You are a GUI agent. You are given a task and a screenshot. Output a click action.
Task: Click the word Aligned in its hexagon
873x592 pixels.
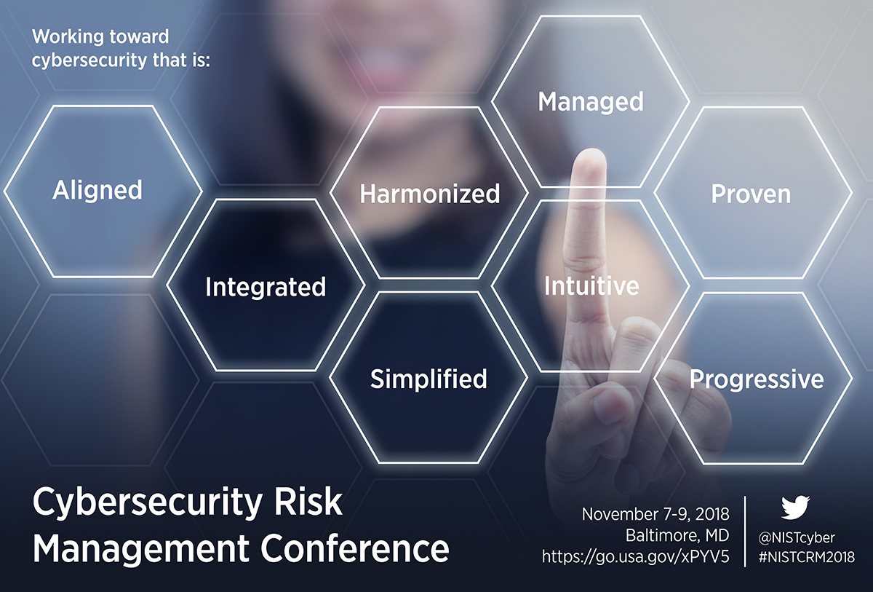click(x=97, y=191)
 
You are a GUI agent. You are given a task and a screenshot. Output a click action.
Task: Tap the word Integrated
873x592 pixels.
click(x=266, y=287)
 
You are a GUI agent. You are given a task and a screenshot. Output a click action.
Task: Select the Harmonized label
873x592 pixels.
click(x=430, y=194)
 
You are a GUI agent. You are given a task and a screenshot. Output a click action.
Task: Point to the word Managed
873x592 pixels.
click(x=591, y=102)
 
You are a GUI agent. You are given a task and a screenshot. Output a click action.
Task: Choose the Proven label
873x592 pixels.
click(x=751, y=194)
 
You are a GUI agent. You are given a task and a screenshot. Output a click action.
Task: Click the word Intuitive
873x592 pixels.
click(x=591, y=285)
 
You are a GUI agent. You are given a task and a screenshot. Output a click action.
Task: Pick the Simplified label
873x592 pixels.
click(x=428, y=379)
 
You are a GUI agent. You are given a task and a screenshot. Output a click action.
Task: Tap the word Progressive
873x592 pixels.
click(x=757, y=379)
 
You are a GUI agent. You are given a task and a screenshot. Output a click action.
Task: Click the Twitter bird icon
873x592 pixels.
click(x=795, y=508)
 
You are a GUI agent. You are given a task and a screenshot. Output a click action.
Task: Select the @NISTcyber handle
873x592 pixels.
click(x=797, y=538)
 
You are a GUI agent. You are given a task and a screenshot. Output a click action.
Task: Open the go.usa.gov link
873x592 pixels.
click(x=635, y=557)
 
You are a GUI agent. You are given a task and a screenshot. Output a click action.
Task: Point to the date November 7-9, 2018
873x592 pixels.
click(x=655, y=515)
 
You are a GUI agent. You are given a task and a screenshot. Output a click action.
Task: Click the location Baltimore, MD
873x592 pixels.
click(x=677, y=536)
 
